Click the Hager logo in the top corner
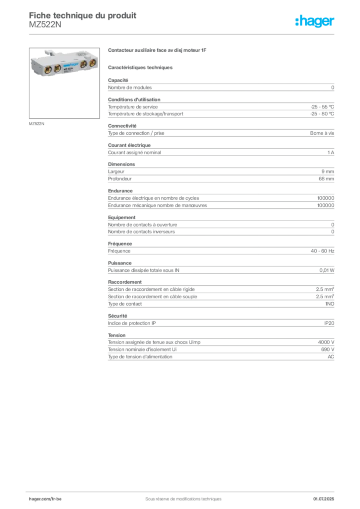[315, 21]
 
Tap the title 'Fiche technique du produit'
[83, 15]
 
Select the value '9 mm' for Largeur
[328, 171]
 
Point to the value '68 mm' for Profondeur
[326, 179]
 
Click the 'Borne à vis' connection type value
[322, 133]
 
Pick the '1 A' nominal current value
[331, 153]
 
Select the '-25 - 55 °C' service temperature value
[322, 107]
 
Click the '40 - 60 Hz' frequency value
[322, 251]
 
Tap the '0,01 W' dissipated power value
[327, 270]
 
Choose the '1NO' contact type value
[330, 304]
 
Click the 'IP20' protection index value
[329, 323]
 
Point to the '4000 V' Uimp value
[326, 342]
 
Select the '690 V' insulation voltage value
[328, 349]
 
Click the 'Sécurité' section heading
[117, 316]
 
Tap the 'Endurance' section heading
[120, 191]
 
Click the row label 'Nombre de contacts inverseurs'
[141, 232]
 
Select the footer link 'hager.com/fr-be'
[45, 499]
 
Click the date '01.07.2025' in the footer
[323, 499]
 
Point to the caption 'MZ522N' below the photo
[36, 124]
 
